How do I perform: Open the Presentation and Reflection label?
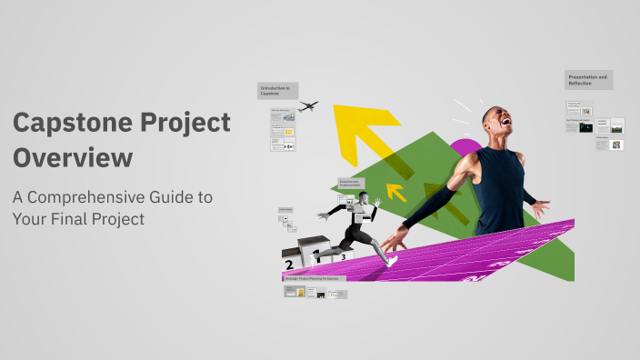tap(588, 80)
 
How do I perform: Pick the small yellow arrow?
tap(396, 192)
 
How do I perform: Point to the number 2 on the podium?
tap(289, 265)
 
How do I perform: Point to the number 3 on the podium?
tap(343, 257)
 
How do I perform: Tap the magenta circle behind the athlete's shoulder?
tap(465, 148)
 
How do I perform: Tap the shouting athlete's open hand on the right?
tap(540, 209)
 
